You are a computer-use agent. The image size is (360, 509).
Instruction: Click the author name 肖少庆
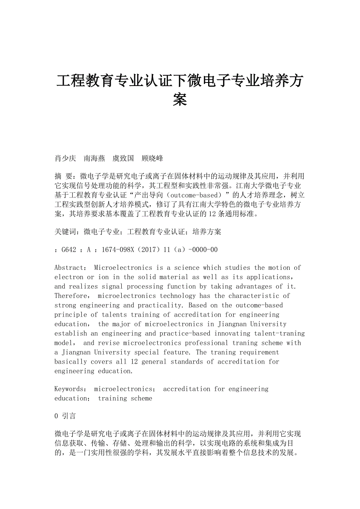click(65, 158)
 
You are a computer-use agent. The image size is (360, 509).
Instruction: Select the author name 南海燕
click(94, 158)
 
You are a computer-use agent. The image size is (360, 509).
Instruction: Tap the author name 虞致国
click(123, 158)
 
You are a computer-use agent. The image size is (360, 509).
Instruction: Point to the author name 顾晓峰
click(152, 158)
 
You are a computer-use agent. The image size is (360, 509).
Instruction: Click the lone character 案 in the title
click(180, 100)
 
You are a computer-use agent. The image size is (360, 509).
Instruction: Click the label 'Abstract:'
click(71, 268)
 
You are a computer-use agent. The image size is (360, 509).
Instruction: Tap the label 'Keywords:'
click(71, 389)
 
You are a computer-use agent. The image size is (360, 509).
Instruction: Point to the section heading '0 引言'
click(65, 416)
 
